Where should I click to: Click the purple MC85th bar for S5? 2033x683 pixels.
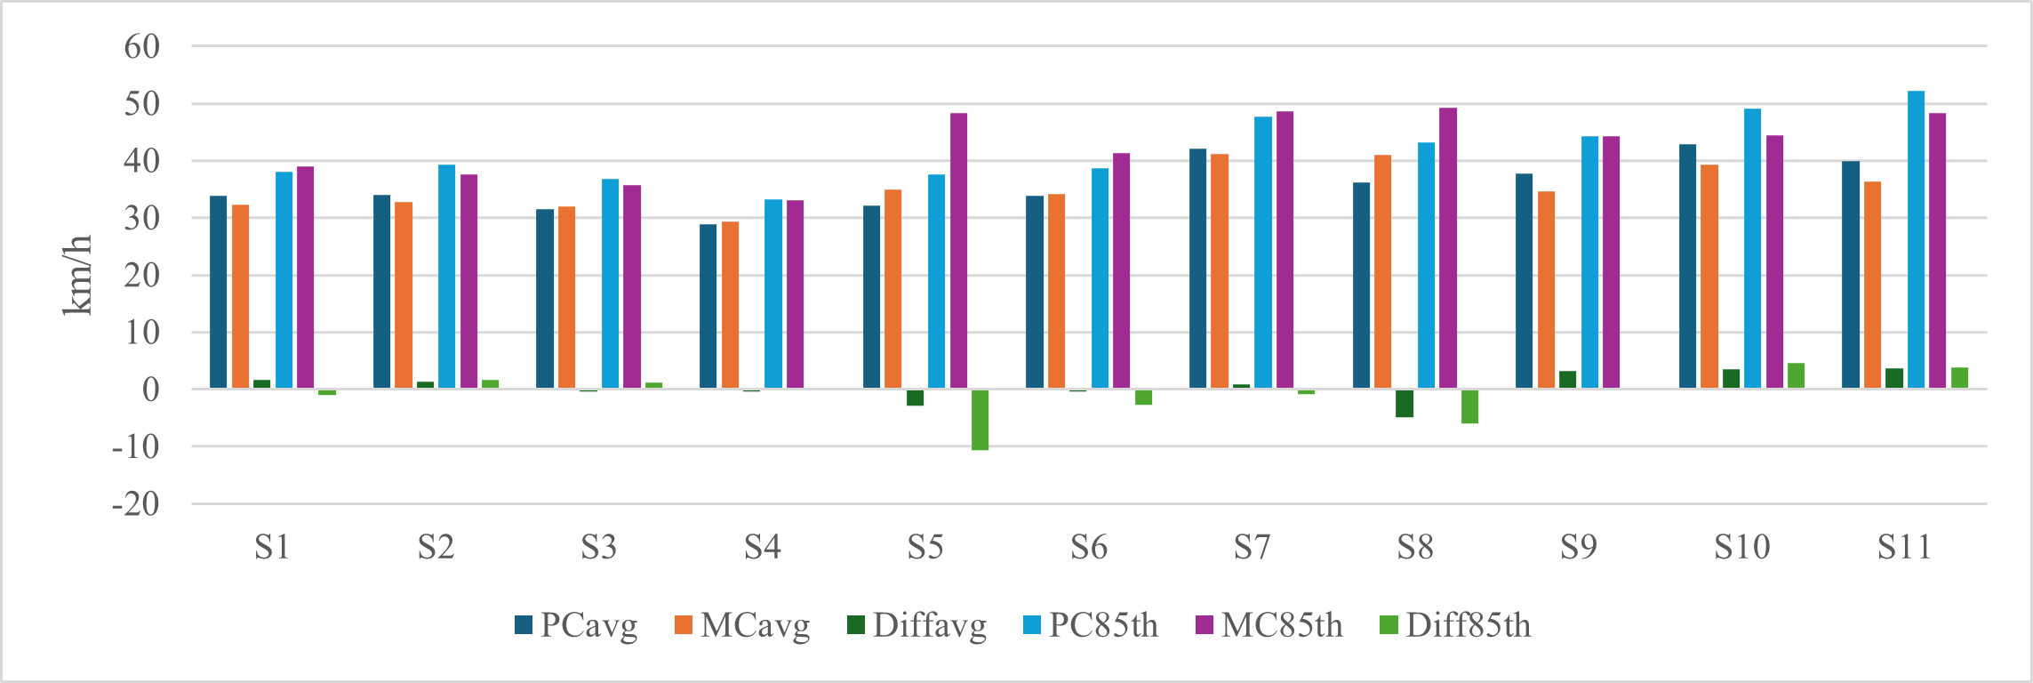tap(958, 251)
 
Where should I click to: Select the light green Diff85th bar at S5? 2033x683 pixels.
tap(980, 420)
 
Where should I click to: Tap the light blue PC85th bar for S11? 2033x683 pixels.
tap(1916, 240)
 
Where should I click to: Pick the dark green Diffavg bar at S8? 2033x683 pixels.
tap(1405, 403)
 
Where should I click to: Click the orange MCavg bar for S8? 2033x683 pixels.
tap(1382, 271)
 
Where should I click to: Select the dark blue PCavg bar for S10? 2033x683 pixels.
tap(1687, 266)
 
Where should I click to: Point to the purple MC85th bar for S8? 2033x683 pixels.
tap(1448, 248)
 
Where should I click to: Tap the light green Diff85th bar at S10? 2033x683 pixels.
tap(1796, 375)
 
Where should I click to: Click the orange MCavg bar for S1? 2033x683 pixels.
tap(240, 296)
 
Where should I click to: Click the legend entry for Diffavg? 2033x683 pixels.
tap(916, 625)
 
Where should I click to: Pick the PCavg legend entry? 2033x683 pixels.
tap(576, 625)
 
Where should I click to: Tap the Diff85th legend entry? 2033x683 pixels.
tap(1454, 625)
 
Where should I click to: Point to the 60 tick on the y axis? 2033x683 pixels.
tap(142, 46)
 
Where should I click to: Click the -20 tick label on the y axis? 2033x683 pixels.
tap(136, 504)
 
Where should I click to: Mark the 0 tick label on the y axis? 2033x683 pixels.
tap(150, 390)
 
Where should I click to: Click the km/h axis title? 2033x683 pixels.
tap(77, 275)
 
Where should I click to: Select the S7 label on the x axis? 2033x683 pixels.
tap(1252, 547)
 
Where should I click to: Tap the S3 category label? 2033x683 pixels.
tap(598, 547)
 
